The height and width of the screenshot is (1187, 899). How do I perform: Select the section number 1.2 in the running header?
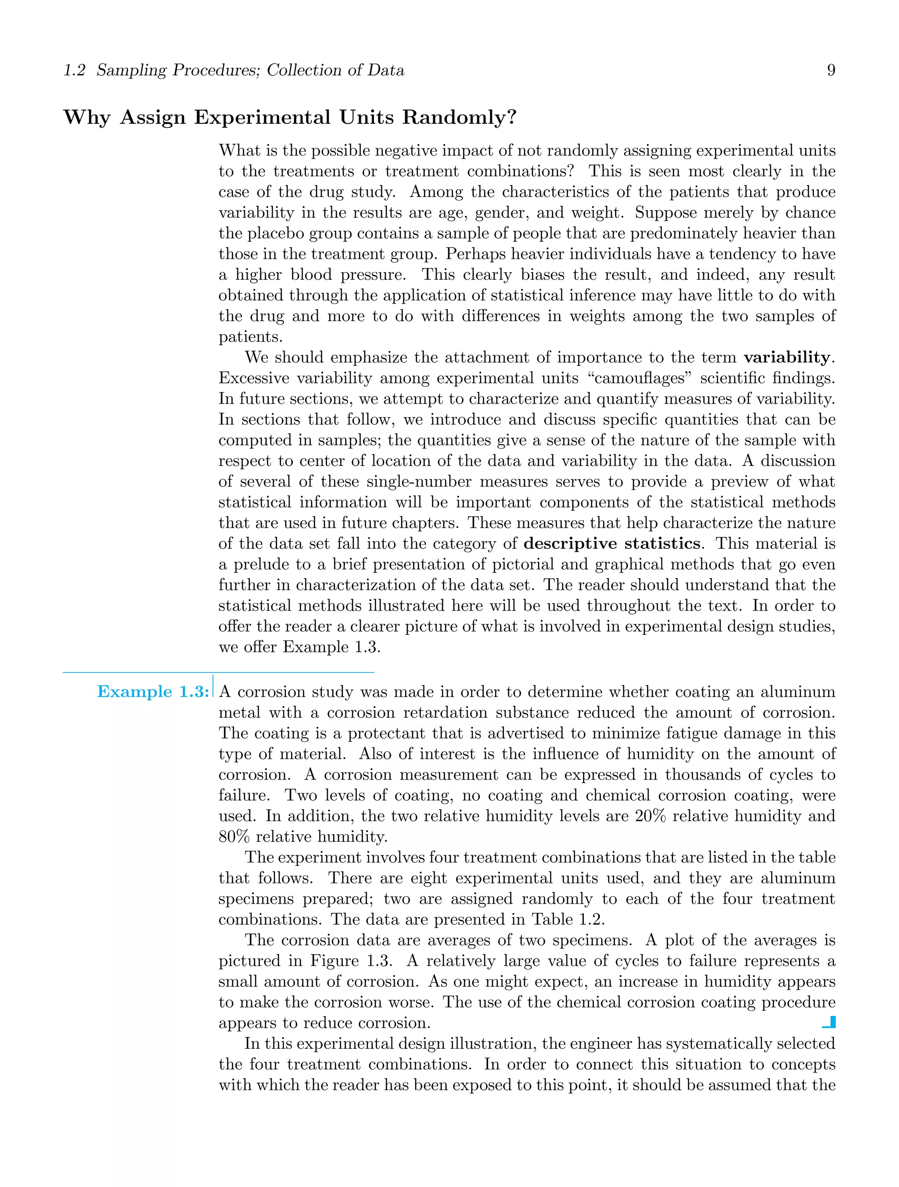[74, 70]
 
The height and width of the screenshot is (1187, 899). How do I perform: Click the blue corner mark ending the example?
[830, 1022]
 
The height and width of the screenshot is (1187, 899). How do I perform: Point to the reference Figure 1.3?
[351, 961]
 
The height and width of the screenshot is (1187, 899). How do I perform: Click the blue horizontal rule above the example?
[218, 672]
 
